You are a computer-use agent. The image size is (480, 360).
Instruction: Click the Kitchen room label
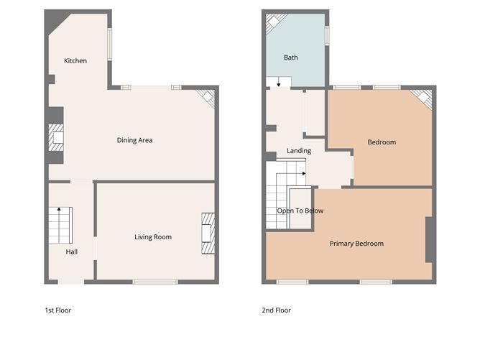coord(75,61)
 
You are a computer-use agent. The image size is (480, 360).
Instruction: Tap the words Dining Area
coord(134,140)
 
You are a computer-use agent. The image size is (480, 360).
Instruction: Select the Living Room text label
coord(153,237)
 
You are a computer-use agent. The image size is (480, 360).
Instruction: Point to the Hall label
coord(72,252)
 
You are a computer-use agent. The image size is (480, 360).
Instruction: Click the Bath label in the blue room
coord(290,57)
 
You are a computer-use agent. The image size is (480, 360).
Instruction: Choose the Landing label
coord(299,151)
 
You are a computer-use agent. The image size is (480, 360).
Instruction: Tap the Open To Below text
coord(300,211)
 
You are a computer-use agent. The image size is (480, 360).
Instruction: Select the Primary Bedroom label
coord(356,244)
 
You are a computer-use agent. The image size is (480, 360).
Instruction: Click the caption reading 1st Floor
coord(58,310)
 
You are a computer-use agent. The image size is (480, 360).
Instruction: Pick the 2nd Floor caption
coord(277,310)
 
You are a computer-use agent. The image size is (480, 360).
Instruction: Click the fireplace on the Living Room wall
coord(208,233)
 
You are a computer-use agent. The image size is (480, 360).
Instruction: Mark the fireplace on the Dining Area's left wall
coord(56,137)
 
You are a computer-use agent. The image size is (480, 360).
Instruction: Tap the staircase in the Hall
coord(60,223)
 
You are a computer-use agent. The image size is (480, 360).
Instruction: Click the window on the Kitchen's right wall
coord(109,44)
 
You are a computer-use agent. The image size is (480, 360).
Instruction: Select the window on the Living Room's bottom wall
coord(155,282)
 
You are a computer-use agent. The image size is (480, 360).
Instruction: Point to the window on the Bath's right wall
coord(326,36)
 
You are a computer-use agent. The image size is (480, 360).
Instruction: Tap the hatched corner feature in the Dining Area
coord(206,98)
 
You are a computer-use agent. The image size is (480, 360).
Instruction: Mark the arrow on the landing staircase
coord(303,173)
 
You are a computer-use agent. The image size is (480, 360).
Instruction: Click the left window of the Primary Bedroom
coord(292,282)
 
